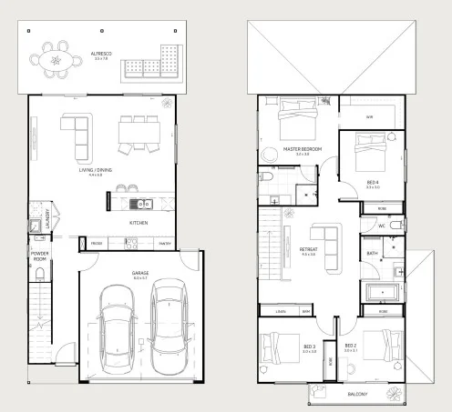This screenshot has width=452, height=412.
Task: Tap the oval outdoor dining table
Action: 57,60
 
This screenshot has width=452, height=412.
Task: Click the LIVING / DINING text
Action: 95,169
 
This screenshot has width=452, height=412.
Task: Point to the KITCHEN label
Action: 139,221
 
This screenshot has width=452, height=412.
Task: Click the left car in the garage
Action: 118,330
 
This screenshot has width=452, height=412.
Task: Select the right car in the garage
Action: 169,325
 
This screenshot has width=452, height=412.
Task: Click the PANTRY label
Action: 165,243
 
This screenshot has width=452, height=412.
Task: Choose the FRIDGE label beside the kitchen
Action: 97,243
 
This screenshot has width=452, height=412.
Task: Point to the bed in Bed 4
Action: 371,151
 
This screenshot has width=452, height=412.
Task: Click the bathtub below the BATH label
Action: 381,293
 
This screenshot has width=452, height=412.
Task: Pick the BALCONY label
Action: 358,394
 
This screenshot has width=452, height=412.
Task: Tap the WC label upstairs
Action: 384,225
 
